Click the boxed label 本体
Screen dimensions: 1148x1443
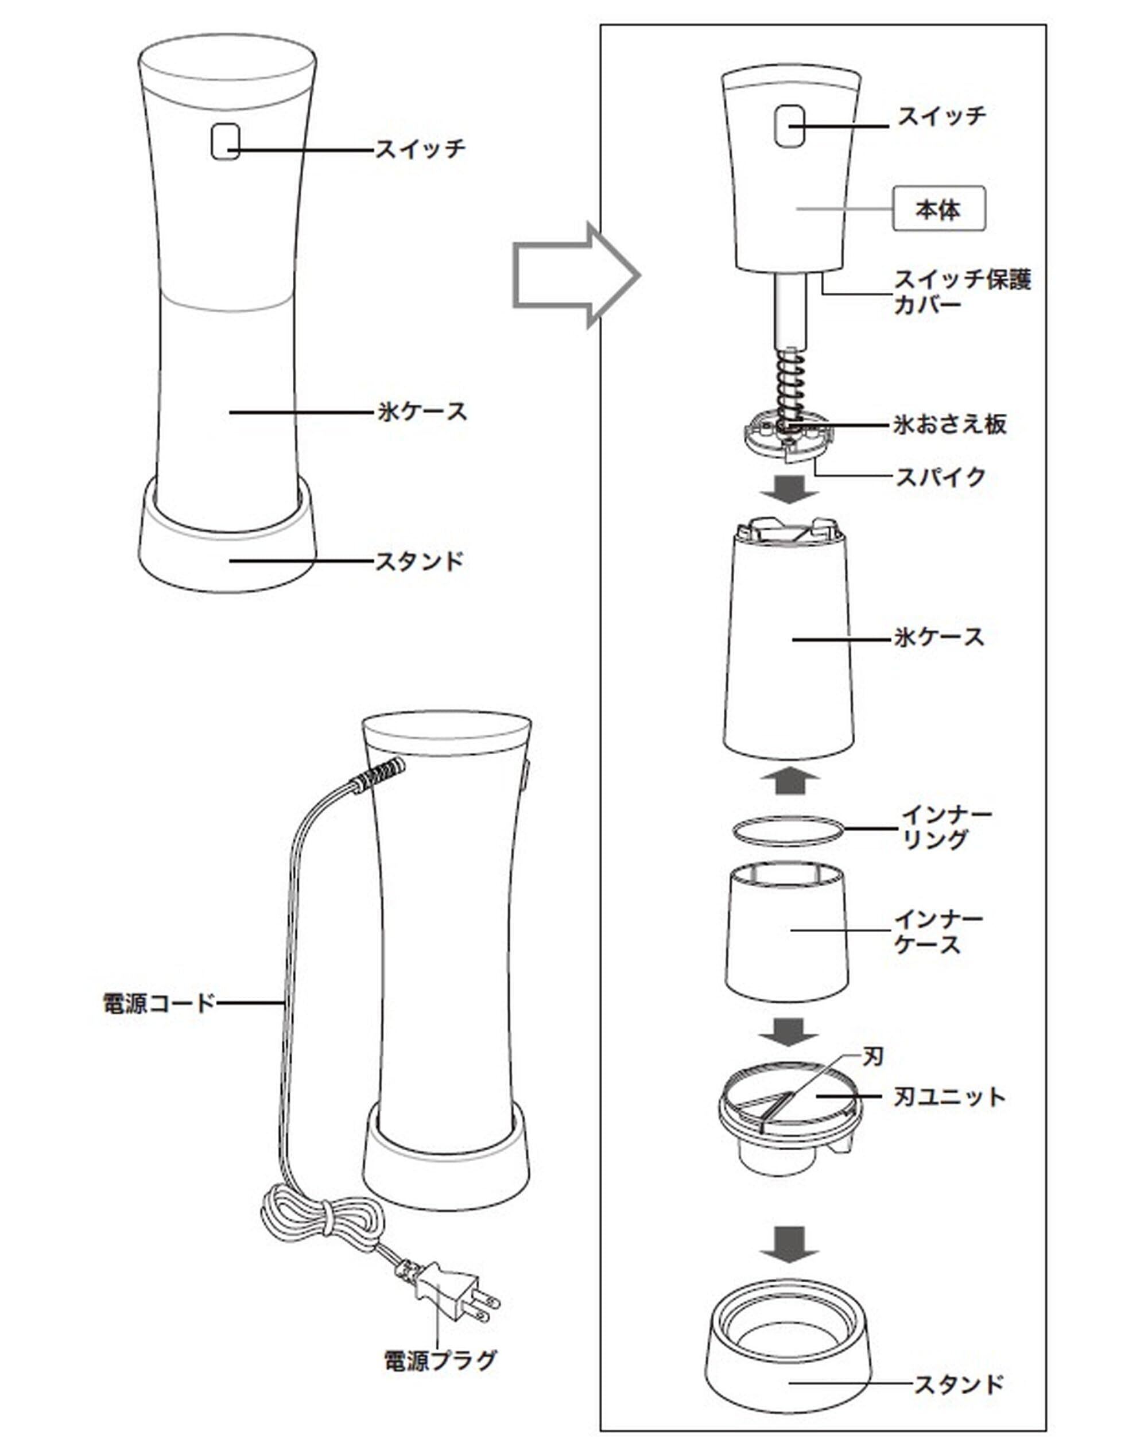(x=938, y=209)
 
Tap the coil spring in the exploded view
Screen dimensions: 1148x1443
(x=789, y=388)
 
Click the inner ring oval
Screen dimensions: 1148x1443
(x=786, y=830)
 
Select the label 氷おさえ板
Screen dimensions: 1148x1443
(x=949, y=424)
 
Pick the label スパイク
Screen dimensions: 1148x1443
(x=940, y=477)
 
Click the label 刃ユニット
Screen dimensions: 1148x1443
(x=949, y=1097)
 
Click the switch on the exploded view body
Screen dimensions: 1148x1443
(x=789, y=126)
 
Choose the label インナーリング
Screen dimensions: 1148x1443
(x=945, y=827)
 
